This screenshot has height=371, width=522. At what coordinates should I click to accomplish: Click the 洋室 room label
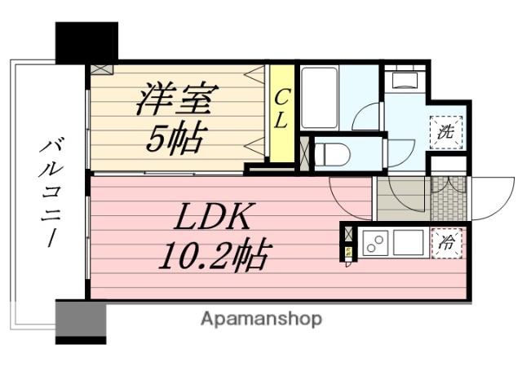click(x=175, y=100)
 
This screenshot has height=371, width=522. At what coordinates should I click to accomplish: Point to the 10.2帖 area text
click(x=210, y=257)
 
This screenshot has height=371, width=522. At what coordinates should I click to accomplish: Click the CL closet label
click(x=280, y=110)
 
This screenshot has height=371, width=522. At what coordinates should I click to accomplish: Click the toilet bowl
click(x=332, y=152)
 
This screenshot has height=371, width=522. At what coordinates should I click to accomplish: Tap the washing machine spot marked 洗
click(x=446, y=131)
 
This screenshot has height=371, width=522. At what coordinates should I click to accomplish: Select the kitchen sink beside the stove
click(x=408, y=242)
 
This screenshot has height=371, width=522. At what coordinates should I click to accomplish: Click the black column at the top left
click(x=86, y=42)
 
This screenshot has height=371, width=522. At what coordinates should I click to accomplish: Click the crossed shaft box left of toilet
click(x=305, y=152)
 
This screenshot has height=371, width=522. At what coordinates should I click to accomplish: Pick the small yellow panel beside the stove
click(x=348, y=253)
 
